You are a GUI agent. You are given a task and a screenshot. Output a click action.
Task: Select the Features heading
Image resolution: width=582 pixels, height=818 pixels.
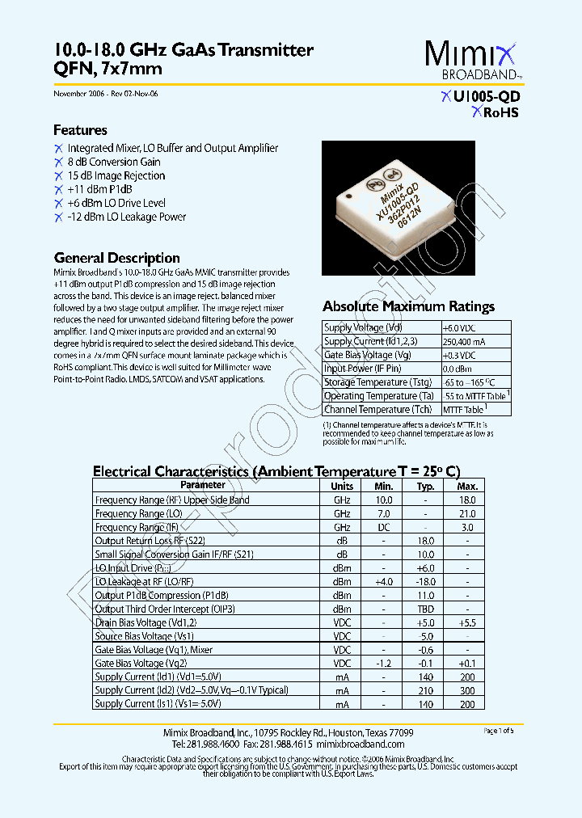pos(80,130)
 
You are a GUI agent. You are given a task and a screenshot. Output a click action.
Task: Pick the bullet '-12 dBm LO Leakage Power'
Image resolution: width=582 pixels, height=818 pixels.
pos(126,217)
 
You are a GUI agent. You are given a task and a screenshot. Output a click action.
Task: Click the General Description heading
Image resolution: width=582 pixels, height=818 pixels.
pos(116,258)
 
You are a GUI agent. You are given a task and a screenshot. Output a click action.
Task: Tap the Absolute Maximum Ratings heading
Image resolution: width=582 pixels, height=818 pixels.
pos(408,306)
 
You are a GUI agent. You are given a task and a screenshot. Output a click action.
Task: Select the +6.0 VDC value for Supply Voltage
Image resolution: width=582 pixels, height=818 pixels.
pos(458,327)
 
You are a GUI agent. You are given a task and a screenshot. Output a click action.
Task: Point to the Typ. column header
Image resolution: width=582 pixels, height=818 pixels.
pos(425,486)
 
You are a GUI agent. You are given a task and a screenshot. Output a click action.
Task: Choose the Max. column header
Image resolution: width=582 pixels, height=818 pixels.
pos(467,486)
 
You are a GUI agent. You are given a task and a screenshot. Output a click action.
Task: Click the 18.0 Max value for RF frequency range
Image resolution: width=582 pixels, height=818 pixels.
pos(467,500)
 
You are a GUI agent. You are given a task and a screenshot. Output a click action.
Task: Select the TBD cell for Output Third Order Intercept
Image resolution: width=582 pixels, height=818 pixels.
pos(425,609)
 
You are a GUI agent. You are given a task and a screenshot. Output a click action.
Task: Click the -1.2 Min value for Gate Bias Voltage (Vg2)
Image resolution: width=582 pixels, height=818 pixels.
pos(383,663)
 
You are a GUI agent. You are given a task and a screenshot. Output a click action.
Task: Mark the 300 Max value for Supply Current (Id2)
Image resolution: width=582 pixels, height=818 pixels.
pos(467,690)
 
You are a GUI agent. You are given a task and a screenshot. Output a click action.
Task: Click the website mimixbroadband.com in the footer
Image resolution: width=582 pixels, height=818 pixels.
pos(361,744)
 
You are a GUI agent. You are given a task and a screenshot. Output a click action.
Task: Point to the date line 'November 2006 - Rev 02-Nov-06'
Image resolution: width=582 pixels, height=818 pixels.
pos(106,94)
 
